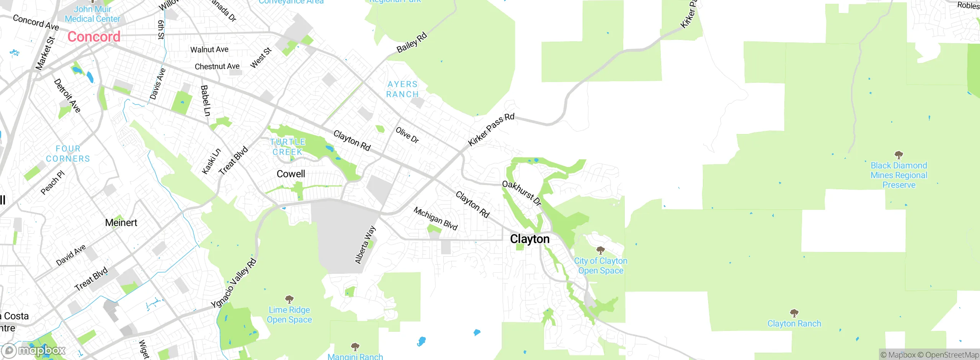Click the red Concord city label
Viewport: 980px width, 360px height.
coord(94,37)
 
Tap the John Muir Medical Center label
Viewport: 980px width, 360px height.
coord(92,14)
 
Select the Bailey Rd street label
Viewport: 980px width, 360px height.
coord(412,43)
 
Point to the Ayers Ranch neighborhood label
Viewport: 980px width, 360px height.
coord(402,89)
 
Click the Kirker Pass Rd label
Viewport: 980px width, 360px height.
coord(491,129)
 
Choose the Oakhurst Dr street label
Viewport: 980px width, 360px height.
coord(522,193)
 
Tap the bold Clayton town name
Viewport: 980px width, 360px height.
coord(530,239)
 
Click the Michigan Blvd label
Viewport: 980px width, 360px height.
coord(436,218)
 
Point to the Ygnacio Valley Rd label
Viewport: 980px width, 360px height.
coord(234,283)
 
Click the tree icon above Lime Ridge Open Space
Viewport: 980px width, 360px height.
coord(289,299)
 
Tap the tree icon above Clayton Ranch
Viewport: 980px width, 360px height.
coord(794,313)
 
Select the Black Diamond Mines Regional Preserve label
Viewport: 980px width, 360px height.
coord(899,175)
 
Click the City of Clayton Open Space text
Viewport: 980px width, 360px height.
coord(601,266)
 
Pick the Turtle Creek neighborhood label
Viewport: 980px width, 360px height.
coord(288,147)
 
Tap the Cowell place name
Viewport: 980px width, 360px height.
coord(291,174)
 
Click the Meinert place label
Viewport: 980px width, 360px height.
coord(121,223)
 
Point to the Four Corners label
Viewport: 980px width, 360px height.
coord(68,154)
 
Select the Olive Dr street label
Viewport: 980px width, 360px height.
coord(407,135)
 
